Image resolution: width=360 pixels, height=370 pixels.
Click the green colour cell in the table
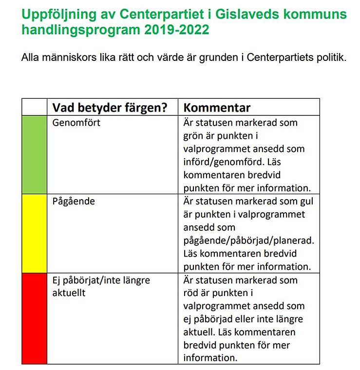[34, 154]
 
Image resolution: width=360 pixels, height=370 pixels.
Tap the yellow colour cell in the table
[34, 234]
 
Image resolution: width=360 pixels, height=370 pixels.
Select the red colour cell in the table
[34, 318]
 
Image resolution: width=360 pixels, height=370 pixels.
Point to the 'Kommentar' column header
[217, 108]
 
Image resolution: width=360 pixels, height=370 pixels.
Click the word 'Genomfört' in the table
[76, 122]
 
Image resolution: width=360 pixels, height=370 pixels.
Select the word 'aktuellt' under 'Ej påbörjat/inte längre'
[69, 293]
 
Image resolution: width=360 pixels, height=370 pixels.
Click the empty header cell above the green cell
[34, 107]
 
